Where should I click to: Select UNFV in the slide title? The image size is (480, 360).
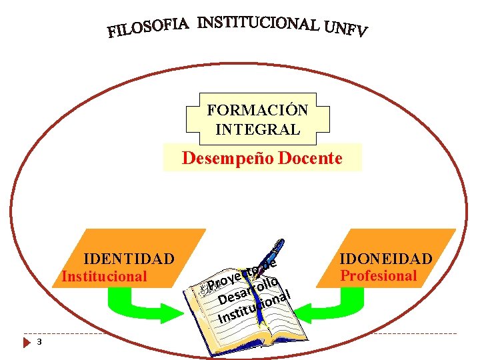pos(345,28)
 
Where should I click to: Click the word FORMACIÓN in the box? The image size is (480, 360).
pos(257,110)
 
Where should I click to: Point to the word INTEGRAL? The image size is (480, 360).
pos(257,129)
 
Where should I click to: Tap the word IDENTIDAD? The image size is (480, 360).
pos(129,259)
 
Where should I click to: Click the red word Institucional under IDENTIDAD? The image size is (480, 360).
pos(104,276)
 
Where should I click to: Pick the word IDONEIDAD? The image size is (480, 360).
pos(386,259)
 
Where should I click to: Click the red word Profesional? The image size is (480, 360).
pos(379,276)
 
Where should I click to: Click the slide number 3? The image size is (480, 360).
pos(39,343)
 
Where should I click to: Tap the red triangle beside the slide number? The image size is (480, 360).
pos(27,343)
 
